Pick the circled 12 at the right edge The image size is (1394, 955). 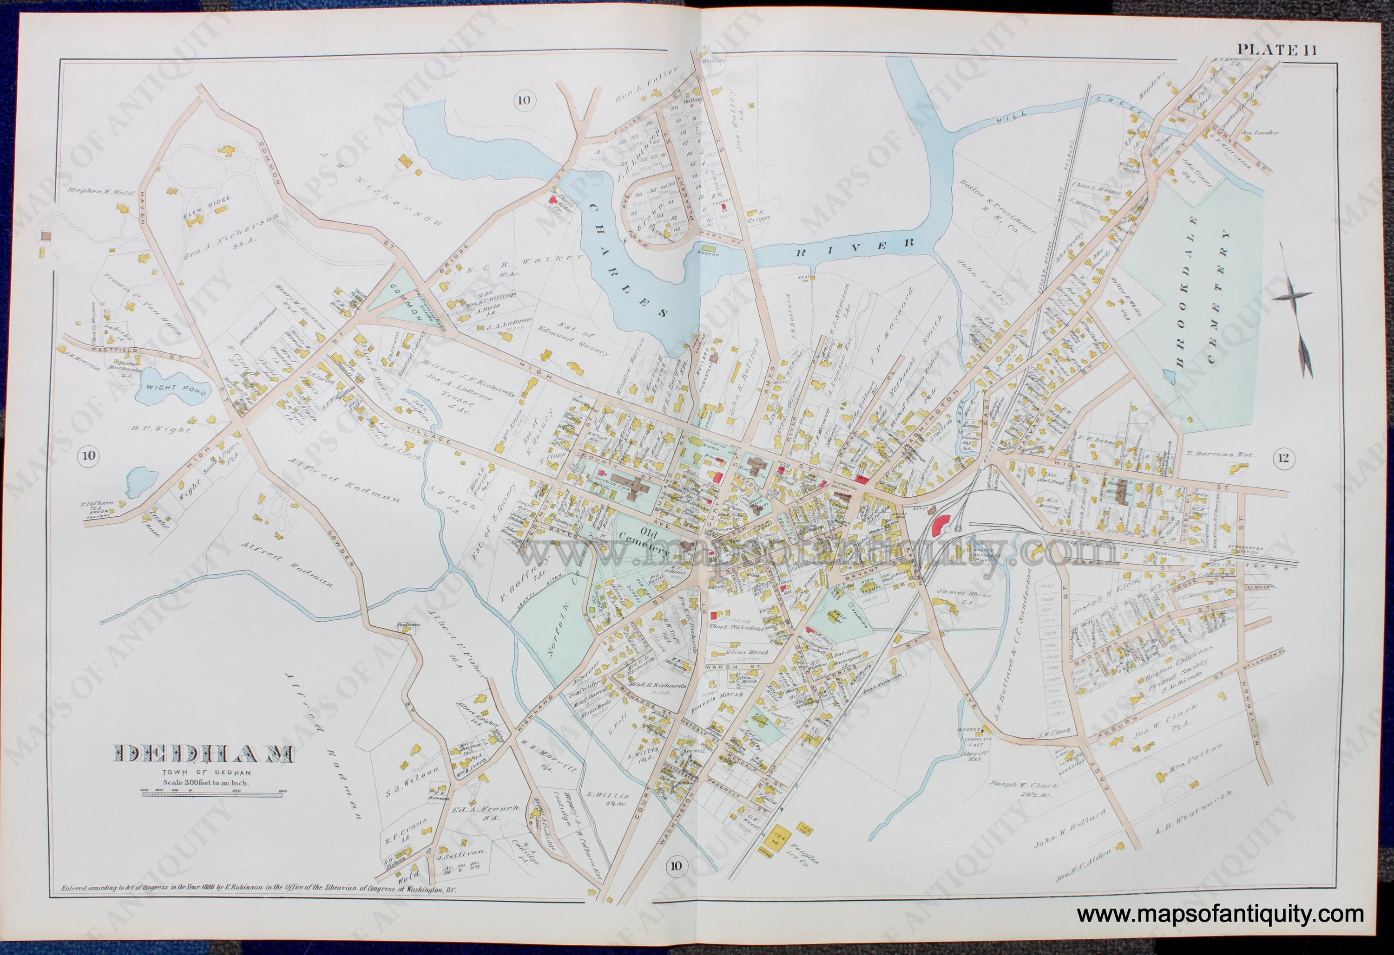click(1283, 459)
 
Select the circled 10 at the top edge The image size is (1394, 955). click(524, 100)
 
